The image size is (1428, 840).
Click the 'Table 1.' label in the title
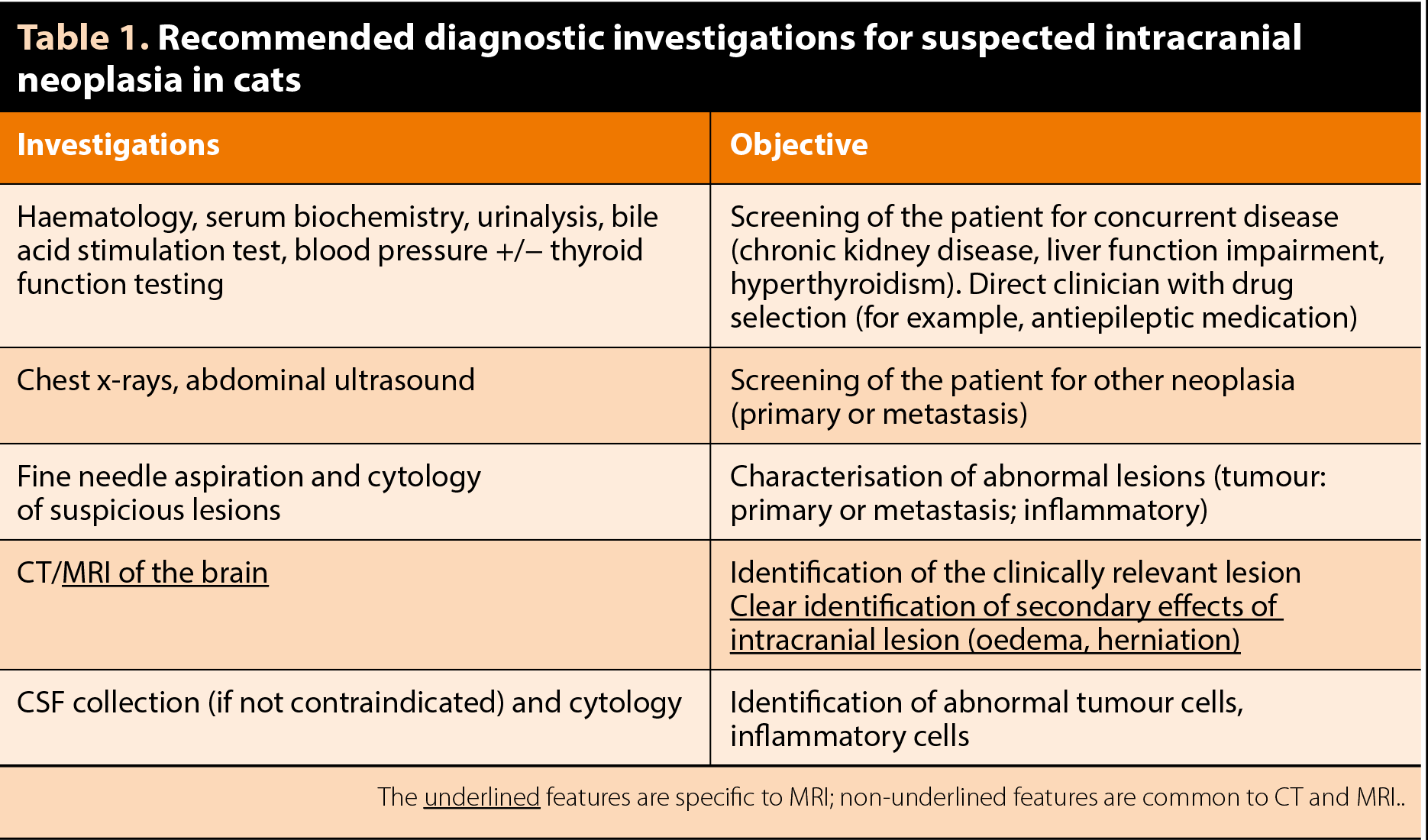point(83,38)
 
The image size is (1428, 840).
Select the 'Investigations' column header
point(118,145)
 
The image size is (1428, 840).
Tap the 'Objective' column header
point(799,145)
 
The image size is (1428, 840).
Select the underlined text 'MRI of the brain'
point(165,573)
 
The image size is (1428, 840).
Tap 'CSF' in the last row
point(40,703)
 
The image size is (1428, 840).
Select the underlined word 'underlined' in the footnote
point(482,797)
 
